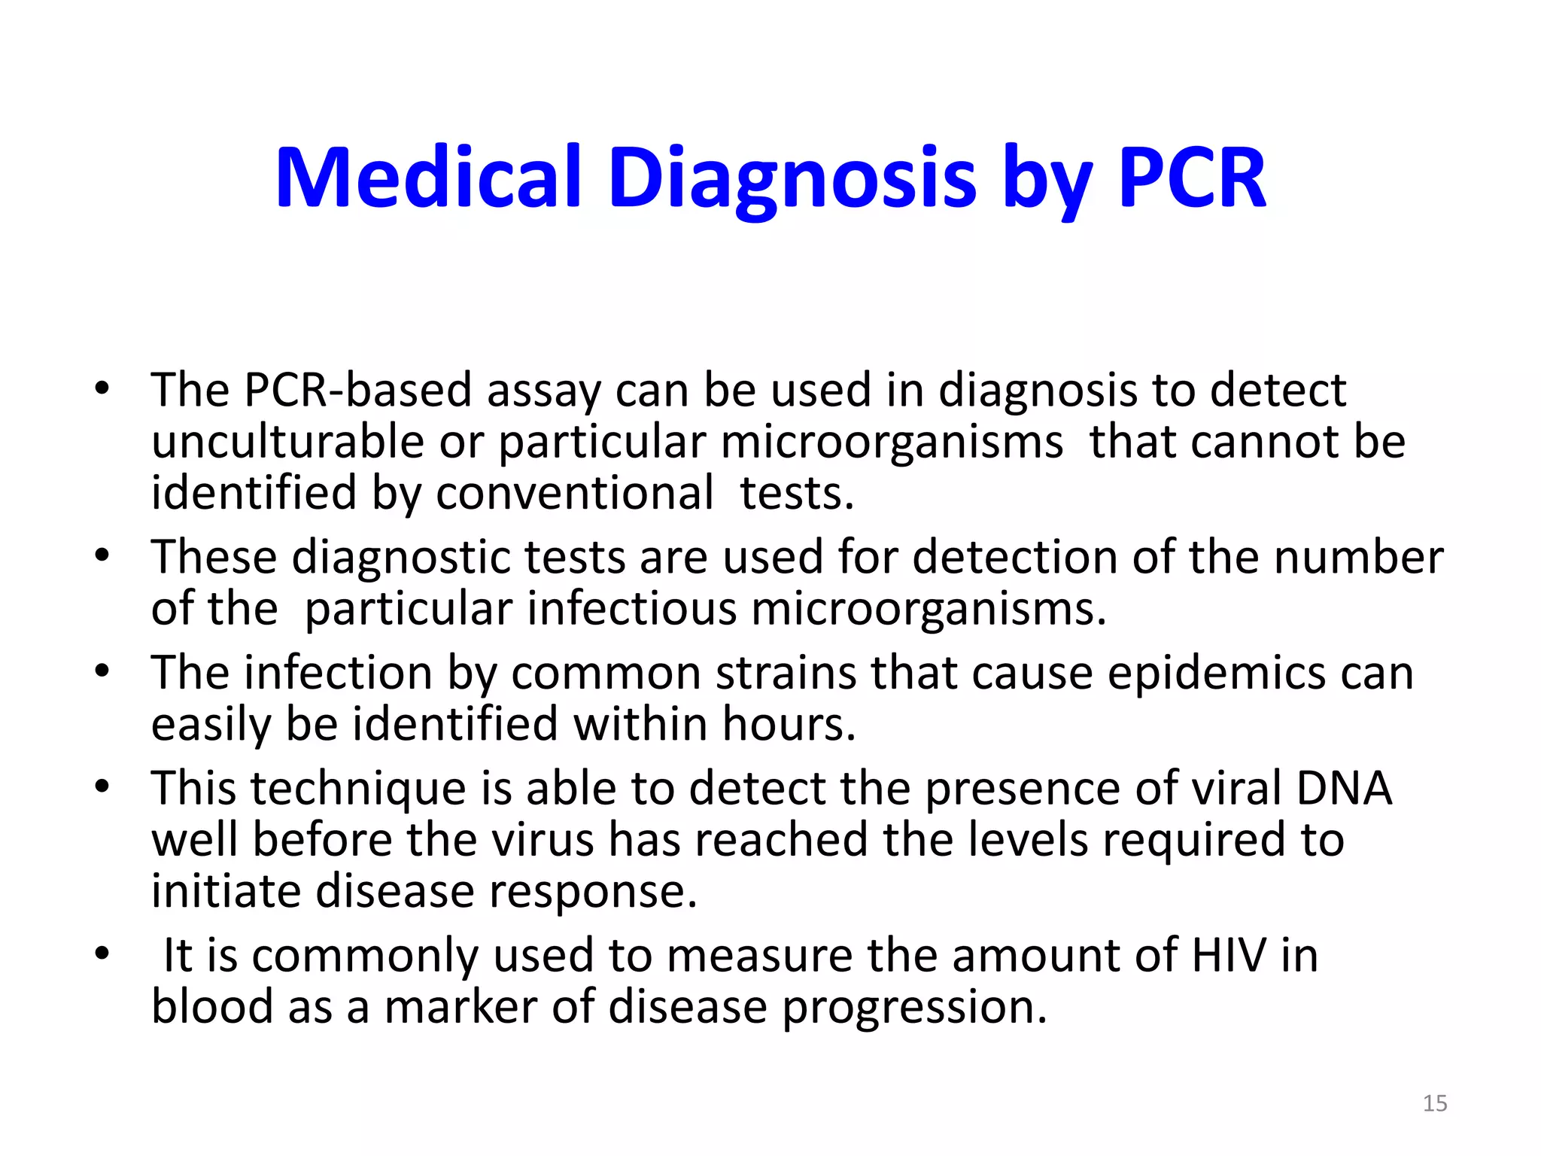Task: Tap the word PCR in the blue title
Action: [1193, 178]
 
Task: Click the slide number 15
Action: [1434, 1103]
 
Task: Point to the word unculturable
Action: [287, 442]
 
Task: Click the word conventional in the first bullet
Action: [574, 494]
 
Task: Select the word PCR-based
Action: [357, 391]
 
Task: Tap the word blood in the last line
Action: [212, 1007]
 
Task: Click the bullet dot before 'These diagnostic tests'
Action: [102, 556]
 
